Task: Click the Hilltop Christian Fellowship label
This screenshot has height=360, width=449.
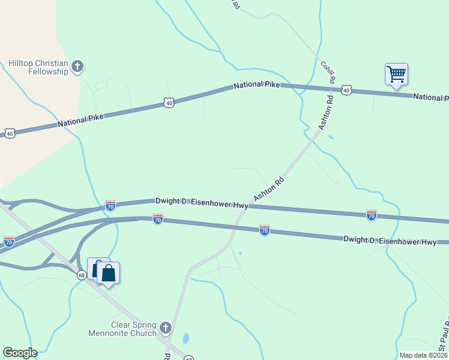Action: pyautogui.click(x=38, y=67)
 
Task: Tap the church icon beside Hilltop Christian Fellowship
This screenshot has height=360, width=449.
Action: pyautogui.click(x=77, y=66)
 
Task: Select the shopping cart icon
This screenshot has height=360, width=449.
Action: pyautogui.click(x=396, y=74)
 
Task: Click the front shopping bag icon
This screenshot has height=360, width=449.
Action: pyautogui.click(x=109, y=274)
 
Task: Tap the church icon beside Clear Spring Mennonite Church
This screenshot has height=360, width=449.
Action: pyautogui.click(x=166, y=328)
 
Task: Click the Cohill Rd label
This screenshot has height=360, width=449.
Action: pyautogui.click(x=327, y=72)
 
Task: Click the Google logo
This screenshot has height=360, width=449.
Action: pyautogui.click(x=20, y=353)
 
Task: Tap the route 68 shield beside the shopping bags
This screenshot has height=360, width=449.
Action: pyautogui.click(x=82, y=275)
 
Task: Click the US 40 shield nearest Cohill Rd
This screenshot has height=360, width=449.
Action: pyautogui.click(x=346, y=90)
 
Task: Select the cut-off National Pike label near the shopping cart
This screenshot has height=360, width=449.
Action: pyautogui.click(x=430, y=97)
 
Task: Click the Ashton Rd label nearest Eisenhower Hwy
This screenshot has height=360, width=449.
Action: pyautogui.click(x=268, y=189)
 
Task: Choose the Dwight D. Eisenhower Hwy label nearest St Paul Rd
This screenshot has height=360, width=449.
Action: pyautogui.click(x=390, y=240)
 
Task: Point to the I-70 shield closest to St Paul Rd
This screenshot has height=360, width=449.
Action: pyautogui.click(x=372, y=214)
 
